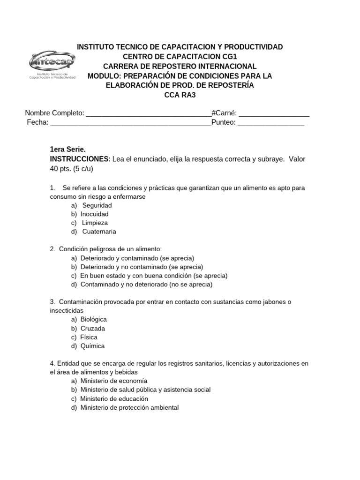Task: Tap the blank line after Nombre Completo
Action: [x=149, y=114]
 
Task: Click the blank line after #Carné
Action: [x=274, y=114]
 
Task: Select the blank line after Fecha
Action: [x=130, y=124]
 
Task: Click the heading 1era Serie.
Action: [x=68, y=150]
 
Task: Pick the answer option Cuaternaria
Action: [x=99, y=232]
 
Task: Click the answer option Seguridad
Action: [x=97, y=205]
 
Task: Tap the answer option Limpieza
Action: [x=95, y=223]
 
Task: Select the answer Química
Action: [x=92, y=346]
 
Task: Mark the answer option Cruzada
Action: [x=92, y=328]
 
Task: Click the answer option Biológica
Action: [x=93, y=320]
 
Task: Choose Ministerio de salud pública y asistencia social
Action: [x=145, y=390]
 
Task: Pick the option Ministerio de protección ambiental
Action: [x=129, y=407]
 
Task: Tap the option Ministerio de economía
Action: [x=113, y=381]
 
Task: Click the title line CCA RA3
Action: [x=180, y=95]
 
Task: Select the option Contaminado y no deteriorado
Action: [x=146, y=285]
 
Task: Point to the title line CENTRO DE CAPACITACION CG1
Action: [x=180, y=57]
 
